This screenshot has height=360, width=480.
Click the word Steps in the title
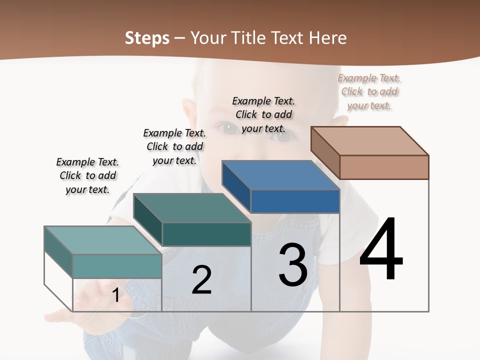[x=147, y=38]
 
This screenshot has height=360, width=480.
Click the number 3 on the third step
[x=293, y=265]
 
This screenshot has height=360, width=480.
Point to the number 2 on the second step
[x=201, y=280]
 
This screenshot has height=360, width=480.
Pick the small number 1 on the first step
[x=116, y=295]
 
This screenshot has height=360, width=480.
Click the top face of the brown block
[x=370, y=140]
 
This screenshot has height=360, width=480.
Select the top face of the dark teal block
[x=192, y=208]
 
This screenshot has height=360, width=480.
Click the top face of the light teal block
[x=103, y=240]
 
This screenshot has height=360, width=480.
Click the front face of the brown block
[x=384, y=167]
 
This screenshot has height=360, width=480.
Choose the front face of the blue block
[x=295, y=201]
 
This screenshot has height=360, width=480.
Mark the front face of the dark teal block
[x=206, y=234]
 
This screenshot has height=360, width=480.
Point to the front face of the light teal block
[x=117, y=266]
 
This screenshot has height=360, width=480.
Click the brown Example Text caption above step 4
[x=369, y=92]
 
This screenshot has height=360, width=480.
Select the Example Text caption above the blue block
[x=263, y=115]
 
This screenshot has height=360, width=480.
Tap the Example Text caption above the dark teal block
[x=174, y=146]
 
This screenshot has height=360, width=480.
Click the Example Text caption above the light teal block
[x=87, y=175]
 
